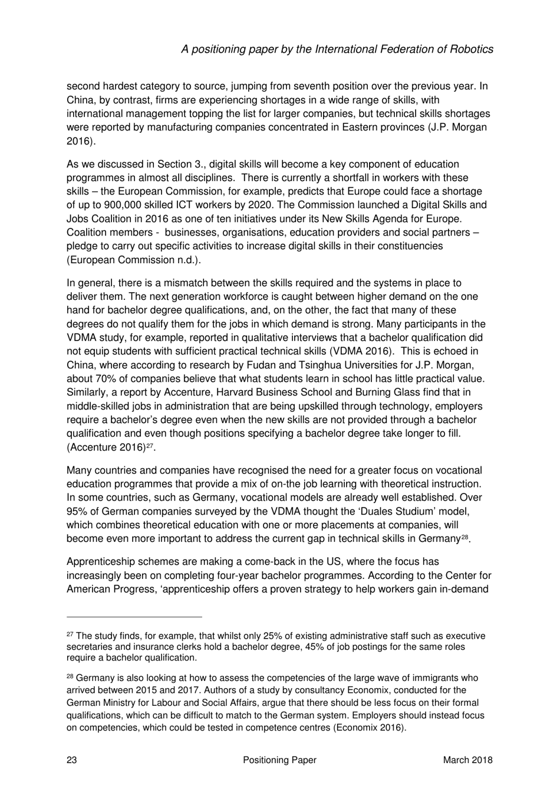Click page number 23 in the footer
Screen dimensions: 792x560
pos(72,760)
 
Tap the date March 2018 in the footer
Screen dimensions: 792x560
pos(467,760)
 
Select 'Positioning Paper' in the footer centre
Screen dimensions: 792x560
pos(279,760)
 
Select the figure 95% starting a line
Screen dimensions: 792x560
pos(77,511)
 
